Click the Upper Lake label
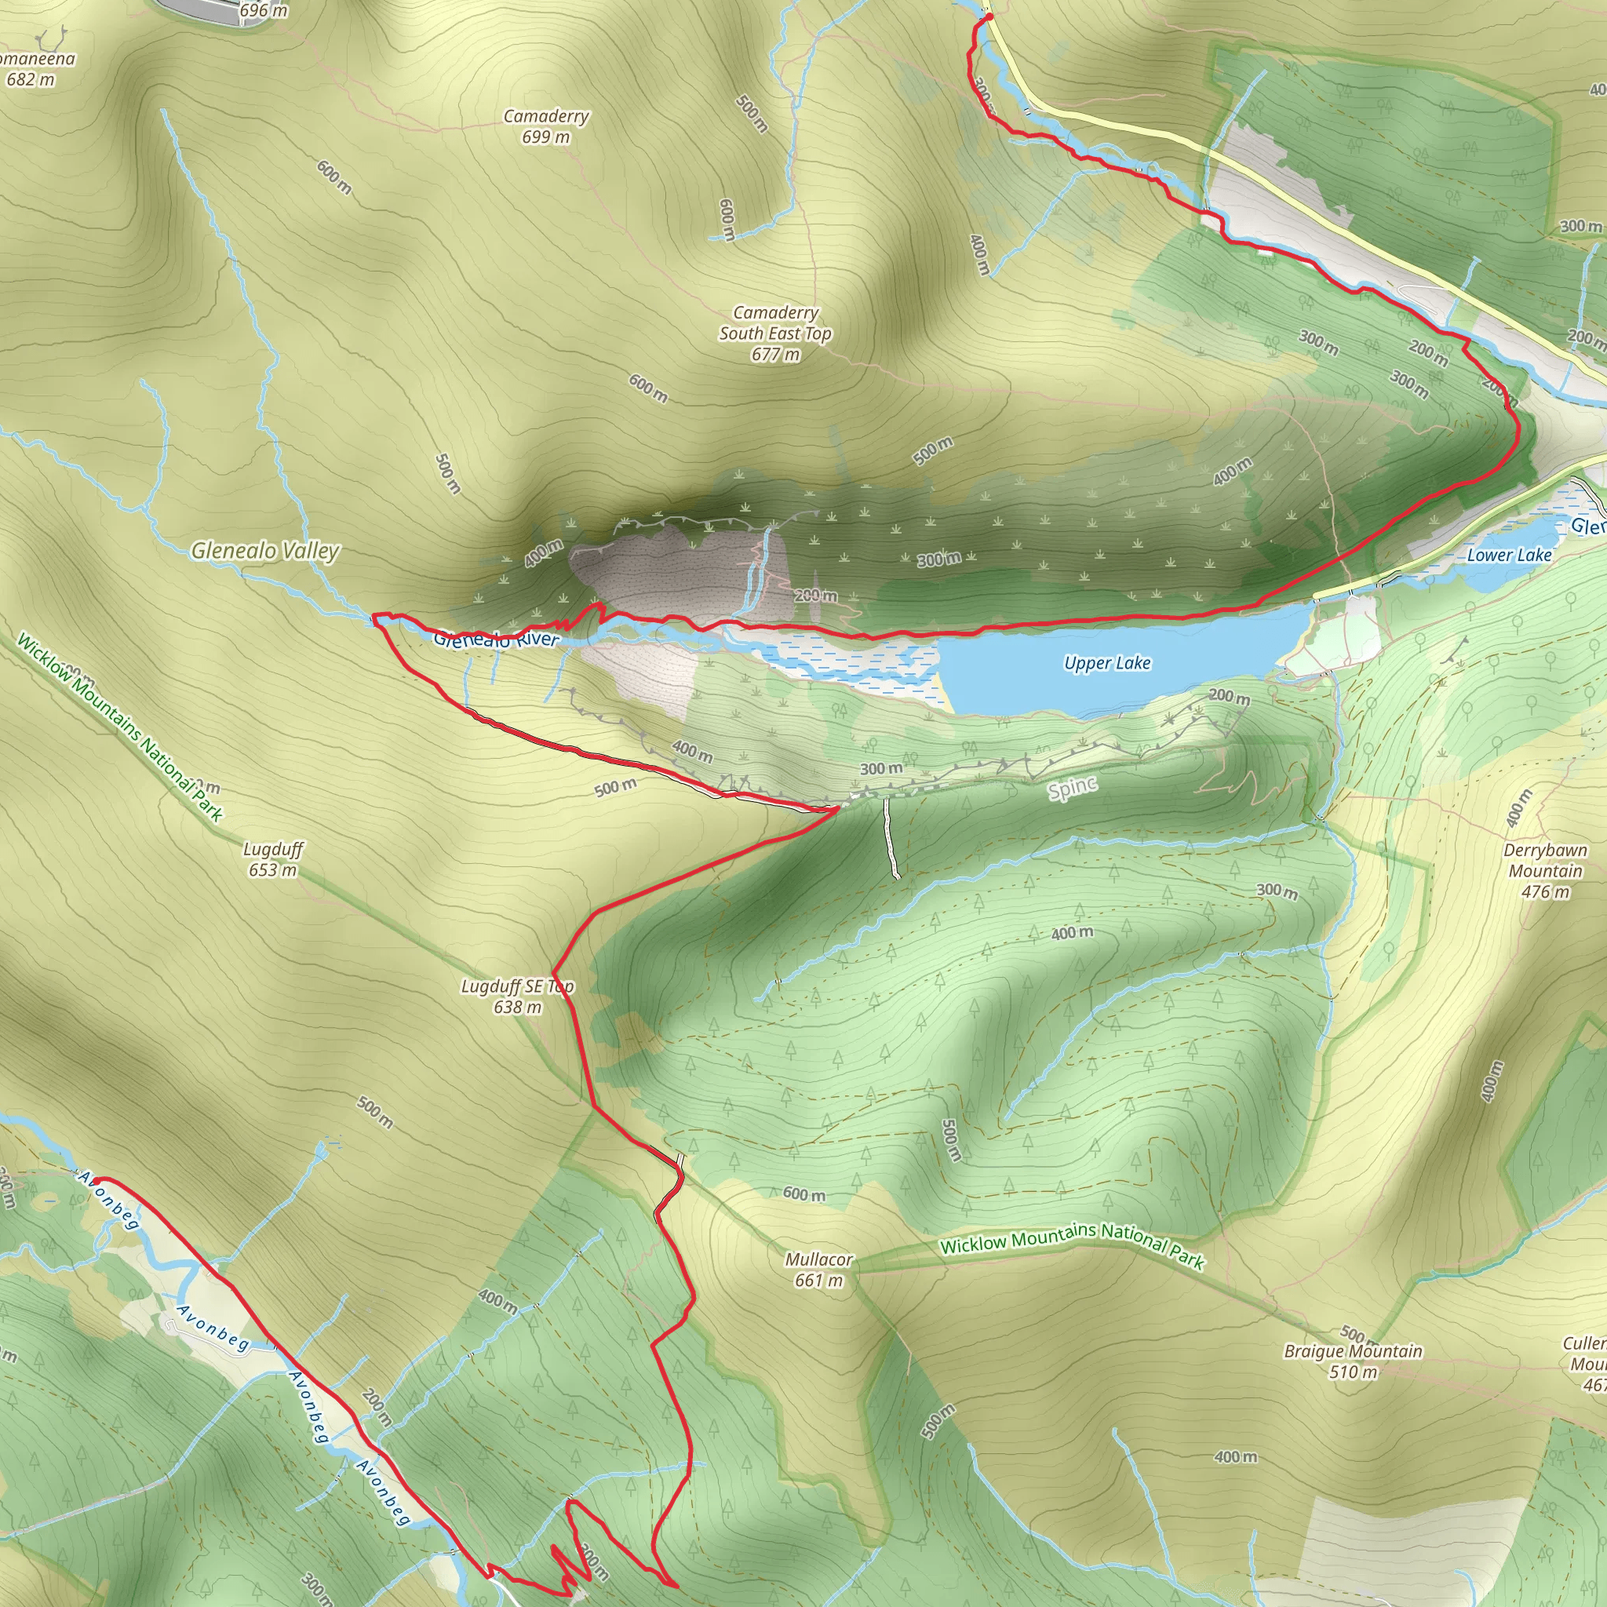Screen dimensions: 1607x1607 [1107, 663]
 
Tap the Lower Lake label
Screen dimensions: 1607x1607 [1509, 555]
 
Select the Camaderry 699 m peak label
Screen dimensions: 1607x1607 [546, 126]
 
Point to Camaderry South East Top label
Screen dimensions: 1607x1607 [775, 333]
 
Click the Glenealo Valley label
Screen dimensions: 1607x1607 [265, 551]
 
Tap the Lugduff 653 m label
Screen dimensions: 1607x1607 [273, 859]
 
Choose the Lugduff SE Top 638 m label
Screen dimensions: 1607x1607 [517, 997]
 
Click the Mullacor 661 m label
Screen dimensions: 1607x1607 [818, 1270]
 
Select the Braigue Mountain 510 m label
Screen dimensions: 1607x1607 [1354, 1361]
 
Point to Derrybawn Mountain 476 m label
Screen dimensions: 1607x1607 [1546, 871]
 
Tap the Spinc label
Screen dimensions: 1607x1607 [1072, 788]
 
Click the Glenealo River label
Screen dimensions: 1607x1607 [496, 640]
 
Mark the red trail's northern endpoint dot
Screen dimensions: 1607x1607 [988, 16]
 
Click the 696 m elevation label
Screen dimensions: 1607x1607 [264, 11]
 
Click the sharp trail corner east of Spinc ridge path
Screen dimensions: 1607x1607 [836, 807]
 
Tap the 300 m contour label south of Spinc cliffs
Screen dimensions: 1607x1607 [881, 768]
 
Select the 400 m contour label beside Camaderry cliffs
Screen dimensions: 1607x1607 [543, 553]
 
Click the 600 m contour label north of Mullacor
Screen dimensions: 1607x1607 [804, 1194]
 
